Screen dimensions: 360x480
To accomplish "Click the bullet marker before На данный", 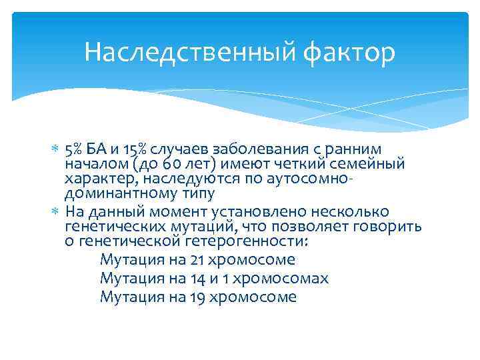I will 55,212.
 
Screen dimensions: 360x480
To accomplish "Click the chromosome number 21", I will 198,260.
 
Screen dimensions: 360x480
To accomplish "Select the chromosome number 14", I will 197,279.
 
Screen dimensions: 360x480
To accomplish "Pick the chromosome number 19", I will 197,297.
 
